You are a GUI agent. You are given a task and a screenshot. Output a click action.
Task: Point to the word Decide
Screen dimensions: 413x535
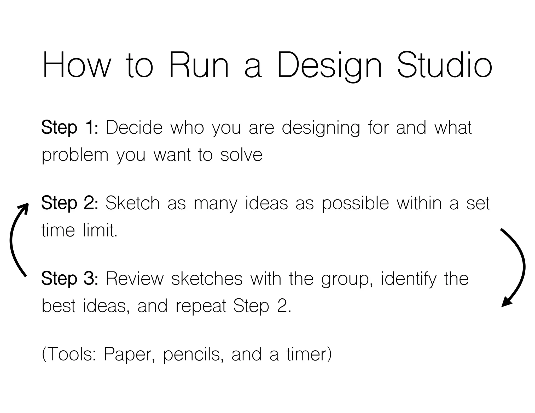click(134, 128)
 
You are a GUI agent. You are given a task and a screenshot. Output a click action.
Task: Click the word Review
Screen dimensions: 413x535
click(135, 278)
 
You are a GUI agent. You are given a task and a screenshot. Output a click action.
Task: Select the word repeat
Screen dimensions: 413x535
click(201, 306)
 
